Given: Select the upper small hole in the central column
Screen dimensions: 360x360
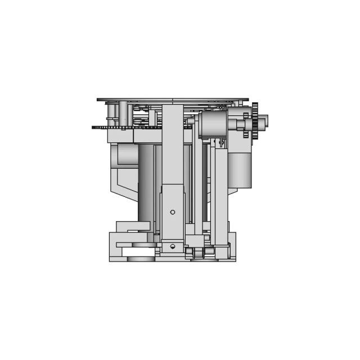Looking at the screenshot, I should [173, 211].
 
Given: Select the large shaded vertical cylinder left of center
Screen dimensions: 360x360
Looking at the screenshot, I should [146, 180].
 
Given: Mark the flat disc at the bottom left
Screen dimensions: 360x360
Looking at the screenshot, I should [140, 259].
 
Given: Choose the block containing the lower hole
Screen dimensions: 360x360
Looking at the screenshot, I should [173, 247].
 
